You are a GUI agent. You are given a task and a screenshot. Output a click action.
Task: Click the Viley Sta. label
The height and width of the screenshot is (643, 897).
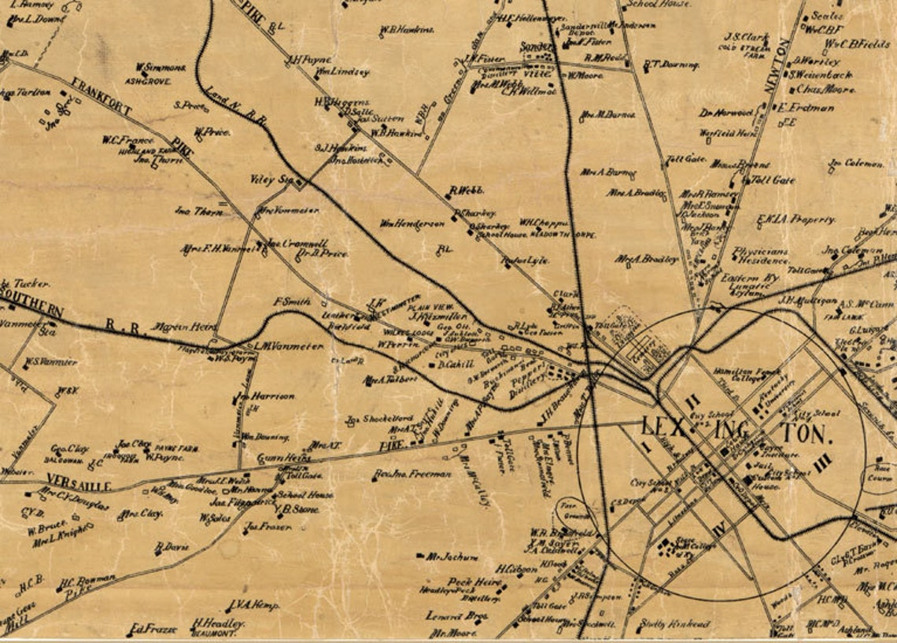tap(271, 179)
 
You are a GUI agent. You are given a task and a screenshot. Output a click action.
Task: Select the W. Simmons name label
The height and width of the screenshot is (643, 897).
tap(161, 68)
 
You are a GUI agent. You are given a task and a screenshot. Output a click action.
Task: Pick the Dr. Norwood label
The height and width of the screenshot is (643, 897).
tap(726, 113)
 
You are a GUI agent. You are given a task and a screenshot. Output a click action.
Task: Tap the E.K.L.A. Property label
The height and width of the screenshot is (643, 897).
tap(795, 220)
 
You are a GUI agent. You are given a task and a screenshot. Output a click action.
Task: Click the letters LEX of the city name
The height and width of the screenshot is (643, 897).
tap(661, 428)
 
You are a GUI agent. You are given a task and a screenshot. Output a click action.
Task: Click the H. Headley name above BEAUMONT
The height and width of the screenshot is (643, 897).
tap(219, 623)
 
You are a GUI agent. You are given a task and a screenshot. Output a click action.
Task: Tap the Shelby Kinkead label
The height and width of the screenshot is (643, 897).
tap(674, 623)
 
